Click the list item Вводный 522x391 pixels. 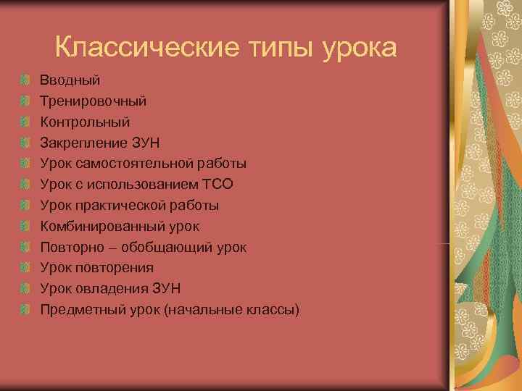pyautogui.click(x=70, y=78)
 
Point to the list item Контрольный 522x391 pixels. pyautogui.click(x=85, y=121)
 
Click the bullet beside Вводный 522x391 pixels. pyautogui.click(x=26, y=78)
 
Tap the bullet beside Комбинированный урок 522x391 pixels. pyautogui.click(x=26, y=226)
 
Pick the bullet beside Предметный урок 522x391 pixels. pyautogui.click(x=26, y=310)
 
